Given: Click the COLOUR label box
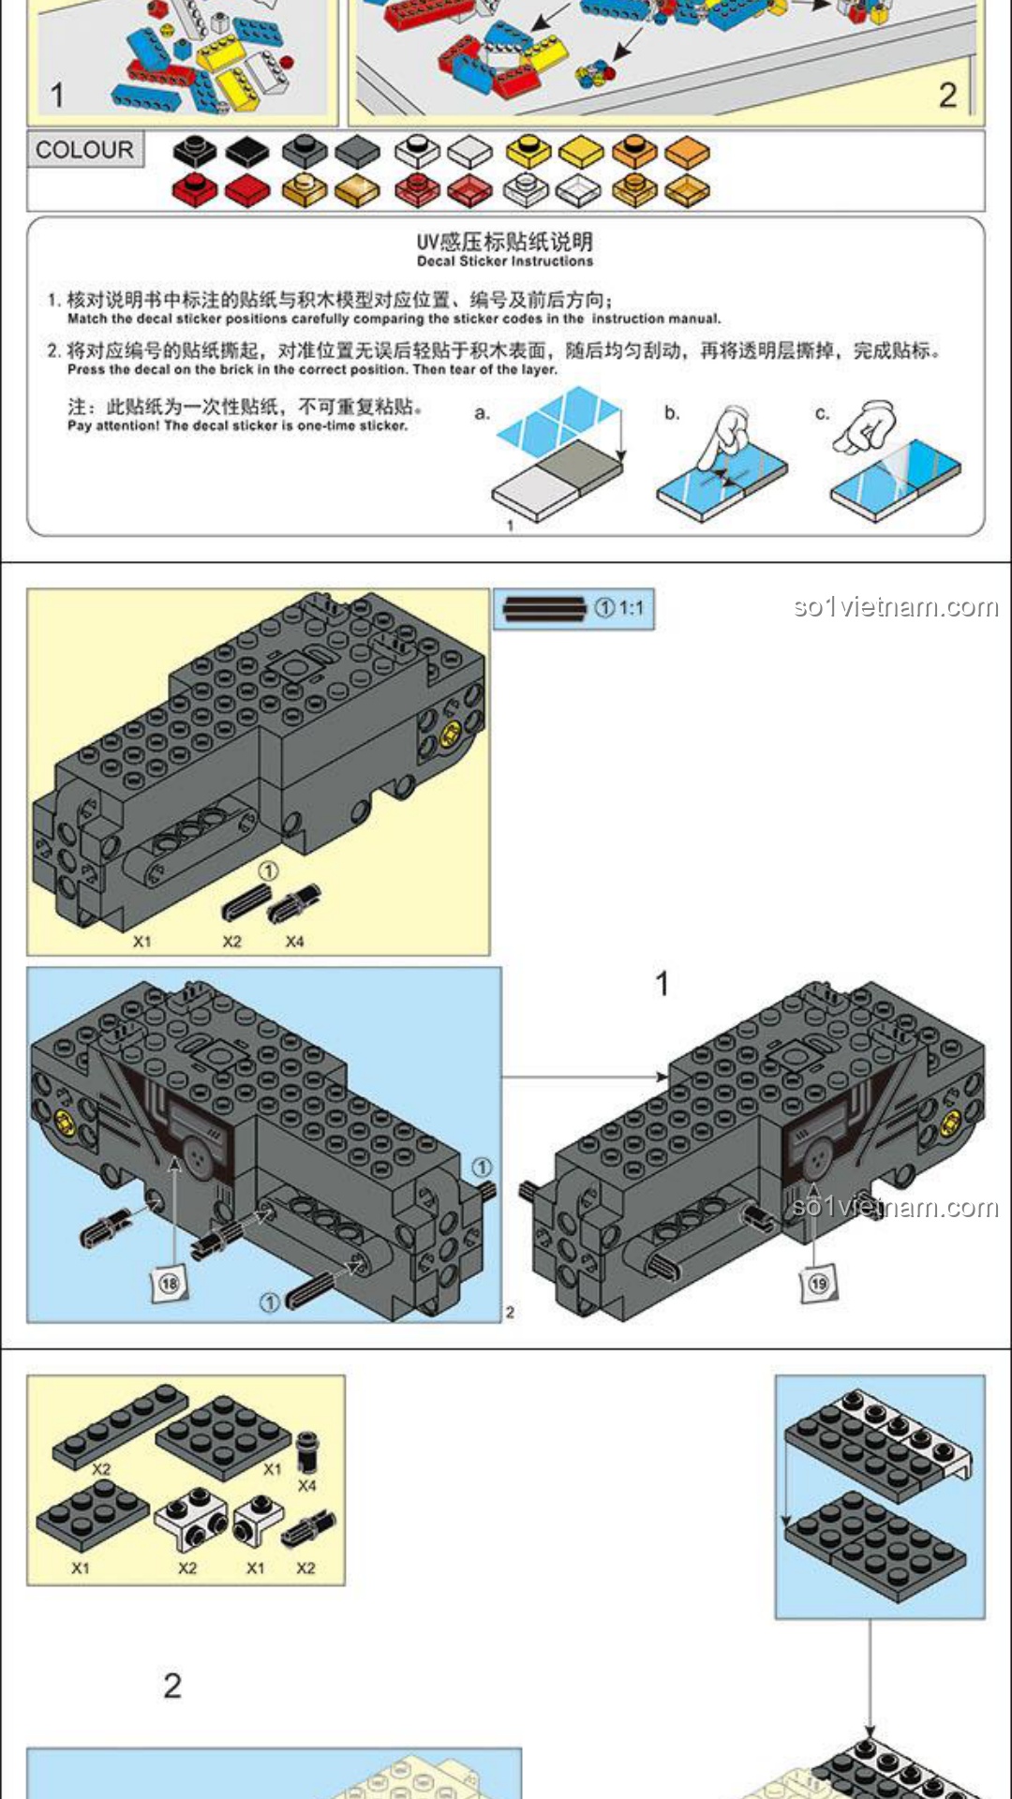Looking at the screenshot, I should [84, 150].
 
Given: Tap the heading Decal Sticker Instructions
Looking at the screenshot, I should [505, 261].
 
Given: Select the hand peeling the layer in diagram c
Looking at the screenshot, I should [866, 426].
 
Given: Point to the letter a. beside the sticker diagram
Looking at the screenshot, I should [482, 412].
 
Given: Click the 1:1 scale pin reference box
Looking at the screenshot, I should [573, 609].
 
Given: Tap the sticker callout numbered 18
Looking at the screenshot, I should [170, 1283].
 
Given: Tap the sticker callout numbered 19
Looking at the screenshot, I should [818, 1283].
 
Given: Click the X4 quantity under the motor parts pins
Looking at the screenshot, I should [294, 941].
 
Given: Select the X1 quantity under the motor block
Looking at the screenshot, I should [141, 941].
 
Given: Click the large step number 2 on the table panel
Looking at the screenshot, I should [947, 95].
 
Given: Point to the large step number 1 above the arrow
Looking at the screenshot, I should [662, 984].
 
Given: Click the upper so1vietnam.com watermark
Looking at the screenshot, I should [896, 607].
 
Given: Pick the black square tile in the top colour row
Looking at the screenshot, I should [247, 151].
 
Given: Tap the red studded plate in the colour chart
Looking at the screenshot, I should [195, 188].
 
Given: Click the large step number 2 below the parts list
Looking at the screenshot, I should [172, 1686].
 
